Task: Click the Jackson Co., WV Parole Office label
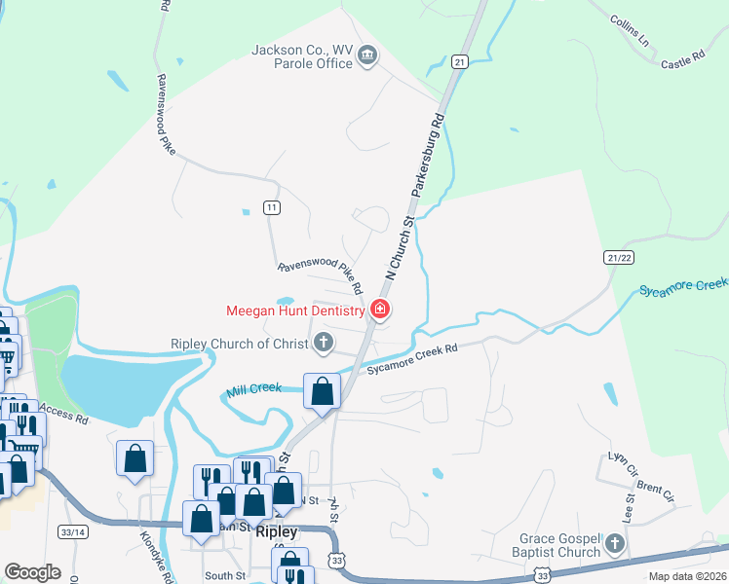pos(301,56)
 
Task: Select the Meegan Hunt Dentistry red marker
pos(380,310)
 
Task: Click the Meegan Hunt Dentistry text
pos(295,311)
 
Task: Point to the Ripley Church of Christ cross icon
pos(323,342)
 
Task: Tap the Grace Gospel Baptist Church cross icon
pos(615,542)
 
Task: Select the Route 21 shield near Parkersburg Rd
pos(460,61)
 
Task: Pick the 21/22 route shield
pos(619,255)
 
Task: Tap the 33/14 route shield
pos(73,532)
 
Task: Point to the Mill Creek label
pos(253,389)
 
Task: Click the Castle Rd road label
pos(682,61)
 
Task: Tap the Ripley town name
pos(276,532)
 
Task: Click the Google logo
pos(32,571)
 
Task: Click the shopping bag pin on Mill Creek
pos(323,391)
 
